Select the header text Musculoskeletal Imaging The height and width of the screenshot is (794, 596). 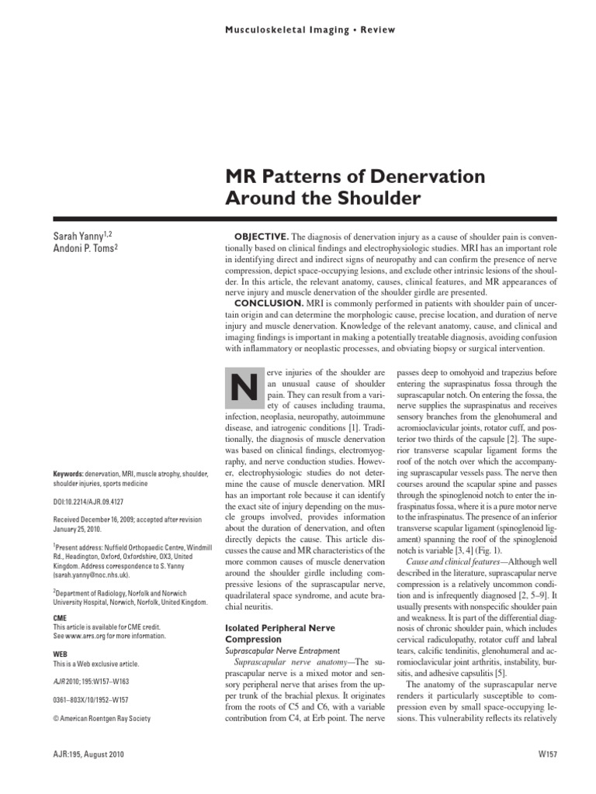pyautogui.click(x=282, y=30)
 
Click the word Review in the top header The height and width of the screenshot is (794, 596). pyautogui.click(x=377, y=30)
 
